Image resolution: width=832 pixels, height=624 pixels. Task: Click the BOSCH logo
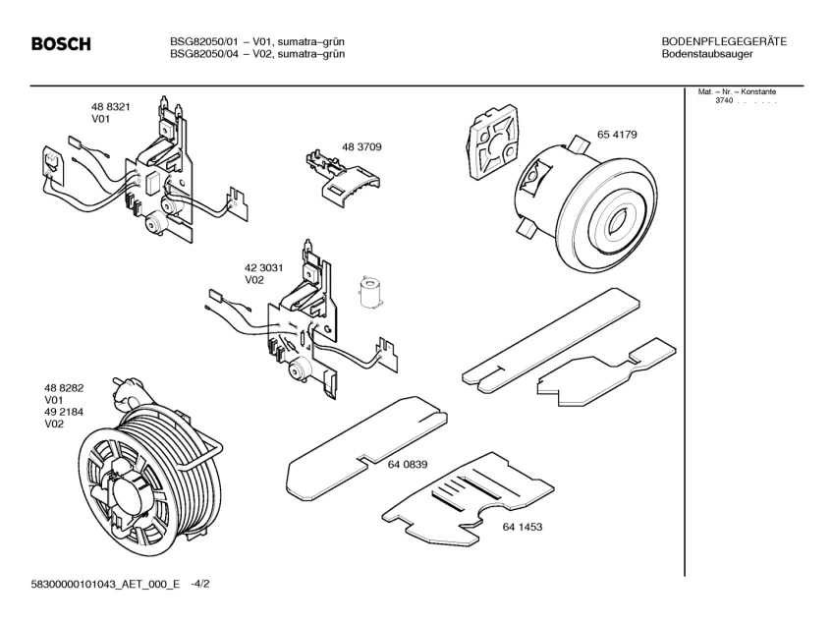[61, 44]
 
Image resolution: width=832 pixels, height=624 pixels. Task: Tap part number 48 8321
[112, 106]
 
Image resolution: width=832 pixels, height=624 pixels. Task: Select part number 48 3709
[361, 146]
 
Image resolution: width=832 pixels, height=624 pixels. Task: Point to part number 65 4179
[617, 135]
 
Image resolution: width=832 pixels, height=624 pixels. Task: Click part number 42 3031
[264, 267]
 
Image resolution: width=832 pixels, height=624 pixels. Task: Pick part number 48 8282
[63, 389]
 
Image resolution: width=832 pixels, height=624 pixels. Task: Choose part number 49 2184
[63, 413]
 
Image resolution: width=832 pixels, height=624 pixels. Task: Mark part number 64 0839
[407, 465]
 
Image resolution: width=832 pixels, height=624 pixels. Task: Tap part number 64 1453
[523, 528]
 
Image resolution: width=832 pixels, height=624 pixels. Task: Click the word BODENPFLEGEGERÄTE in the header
[724, 41]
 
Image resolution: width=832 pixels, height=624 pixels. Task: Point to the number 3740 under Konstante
[724, 101]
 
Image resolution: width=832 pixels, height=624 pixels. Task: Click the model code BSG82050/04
[203, 54]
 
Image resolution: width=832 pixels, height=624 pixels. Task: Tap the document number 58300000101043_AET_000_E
[106, 584]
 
